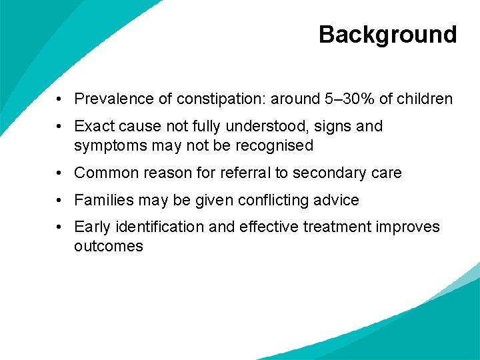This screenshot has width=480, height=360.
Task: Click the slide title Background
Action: point(387,34)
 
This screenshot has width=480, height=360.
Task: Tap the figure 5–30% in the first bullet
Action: point(349,99)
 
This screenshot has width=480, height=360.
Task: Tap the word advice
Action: point(337,200)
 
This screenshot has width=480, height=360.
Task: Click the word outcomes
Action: point(108,246)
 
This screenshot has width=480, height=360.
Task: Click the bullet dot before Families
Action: point(60,200)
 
